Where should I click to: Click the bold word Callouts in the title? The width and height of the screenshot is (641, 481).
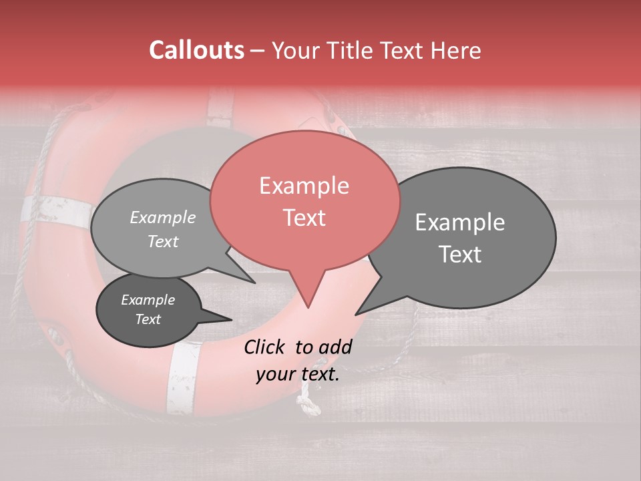click(x=196, y=50)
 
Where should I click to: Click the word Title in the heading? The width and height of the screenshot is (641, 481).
click(x=349, y=51)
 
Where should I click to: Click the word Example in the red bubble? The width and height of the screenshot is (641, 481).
click(x=304, y=186)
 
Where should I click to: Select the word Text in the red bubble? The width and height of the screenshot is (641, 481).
click(x=304, y=218)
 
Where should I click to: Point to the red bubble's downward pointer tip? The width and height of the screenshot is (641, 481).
click(x=308, y=307)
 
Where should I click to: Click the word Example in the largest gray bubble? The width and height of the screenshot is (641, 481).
click(x=460, y=222)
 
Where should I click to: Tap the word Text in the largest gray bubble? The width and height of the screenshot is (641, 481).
click(x=461, y=255)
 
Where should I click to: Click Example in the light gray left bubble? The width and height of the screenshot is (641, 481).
click(x=163, y=217)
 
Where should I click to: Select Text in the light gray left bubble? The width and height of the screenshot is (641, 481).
click(x=163, y=241)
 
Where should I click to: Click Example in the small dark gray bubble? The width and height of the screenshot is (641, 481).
click(x=148, y=300)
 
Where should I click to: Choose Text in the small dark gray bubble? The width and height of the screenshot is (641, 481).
click(x=148, y=319)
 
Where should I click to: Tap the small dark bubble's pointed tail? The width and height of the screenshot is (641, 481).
click(x=230, y=319)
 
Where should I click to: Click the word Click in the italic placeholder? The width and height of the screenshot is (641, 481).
click(x=266, y=347)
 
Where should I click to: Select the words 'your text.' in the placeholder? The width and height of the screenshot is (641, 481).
click(x=298, y=374)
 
